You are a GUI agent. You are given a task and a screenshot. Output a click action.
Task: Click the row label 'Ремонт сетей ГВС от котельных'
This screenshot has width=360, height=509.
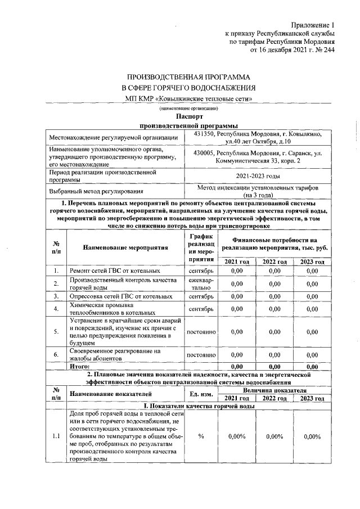point(111,271)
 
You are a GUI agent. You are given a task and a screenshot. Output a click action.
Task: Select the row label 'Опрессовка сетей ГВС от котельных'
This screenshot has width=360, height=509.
point(118,295)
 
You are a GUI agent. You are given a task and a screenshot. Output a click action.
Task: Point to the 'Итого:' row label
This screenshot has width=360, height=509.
point(80,366)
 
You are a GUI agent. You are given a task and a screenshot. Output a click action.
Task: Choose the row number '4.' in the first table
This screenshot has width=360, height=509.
point(56,308)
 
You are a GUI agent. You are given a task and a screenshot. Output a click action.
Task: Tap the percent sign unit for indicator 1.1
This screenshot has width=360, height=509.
point(201,436)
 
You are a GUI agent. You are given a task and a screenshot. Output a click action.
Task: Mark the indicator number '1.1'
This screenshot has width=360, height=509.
point(56,436)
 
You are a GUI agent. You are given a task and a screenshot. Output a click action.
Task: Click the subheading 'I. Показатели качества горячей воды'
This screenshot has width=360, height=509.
point(199,406)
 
